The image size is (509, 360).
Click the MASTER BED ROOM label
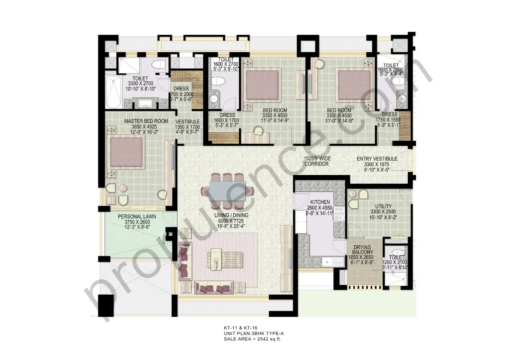click(x=146, y=121)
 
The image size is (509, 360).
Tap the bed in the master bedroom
click(x=126, y=152)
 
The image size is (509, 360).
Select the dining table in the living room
click(x=227, y=191)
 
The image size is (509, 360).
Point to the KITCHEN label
click(x=320, y=202)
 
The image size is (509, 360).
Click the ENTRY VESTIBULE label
click(x=377, y=159)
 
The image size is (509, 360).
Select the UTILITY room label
click(x=371, y=207)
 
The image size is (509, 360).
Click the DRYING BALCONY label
click(x=362, y=250)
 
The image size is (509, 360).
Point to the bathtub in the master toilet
click(x=114, y=92)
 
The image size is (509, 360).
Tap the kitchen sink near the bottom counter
click(x=328, y=262)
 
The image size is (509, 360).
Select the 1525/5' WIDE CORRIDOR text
click(x=317, y=161)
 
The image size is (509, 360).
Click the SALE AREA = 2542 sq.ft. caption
click(x=252, y=339)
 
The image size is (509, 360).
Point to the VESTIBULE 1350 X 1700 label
click(x=187, y=121)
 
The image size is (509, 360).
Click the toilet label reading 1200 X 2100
click(x=395, y=262)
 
